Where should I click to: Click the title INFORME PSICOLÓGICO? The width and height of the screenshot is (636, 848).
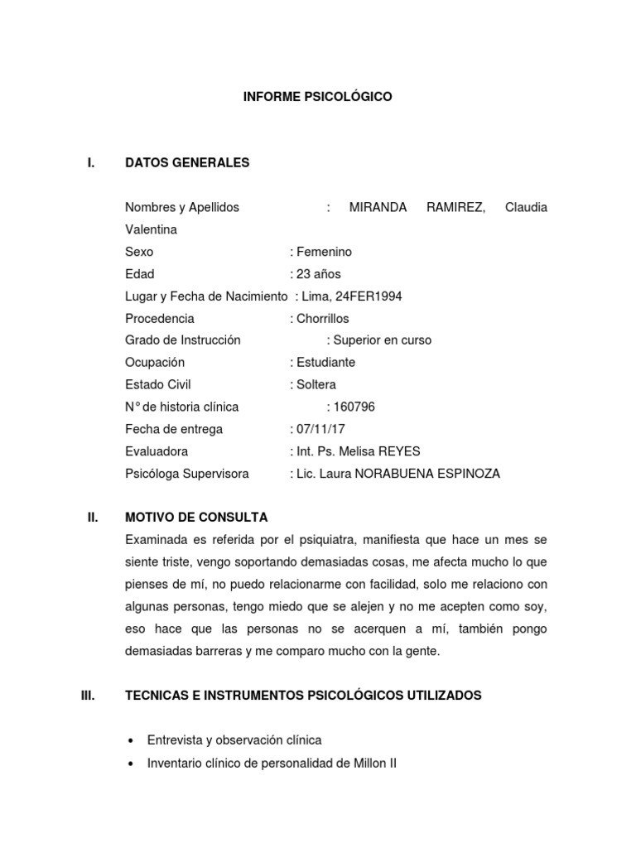(x=317, y=97)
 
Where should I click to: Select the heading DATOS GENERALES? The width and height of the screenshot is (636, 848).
(x=187, y=163)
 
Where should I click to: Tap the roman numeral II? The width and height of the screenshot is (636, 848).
(x=93, y=518)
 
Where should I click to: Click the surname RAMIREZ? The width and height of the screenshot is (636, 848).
(x=455, y=207)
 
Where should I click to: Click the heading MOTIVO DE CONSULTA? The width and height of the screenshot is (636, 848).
(x=196, y=518)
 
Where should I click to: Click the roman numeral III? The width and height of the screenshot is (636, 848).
(x=89, y=696)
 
